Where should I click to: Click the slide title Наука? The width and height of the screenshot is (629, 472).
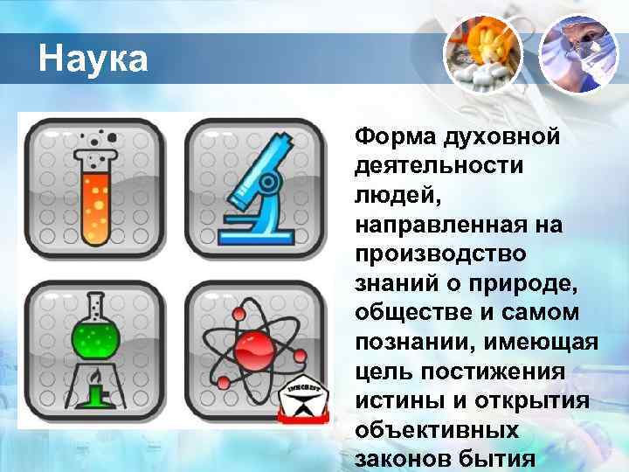(x=93, y=60)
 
